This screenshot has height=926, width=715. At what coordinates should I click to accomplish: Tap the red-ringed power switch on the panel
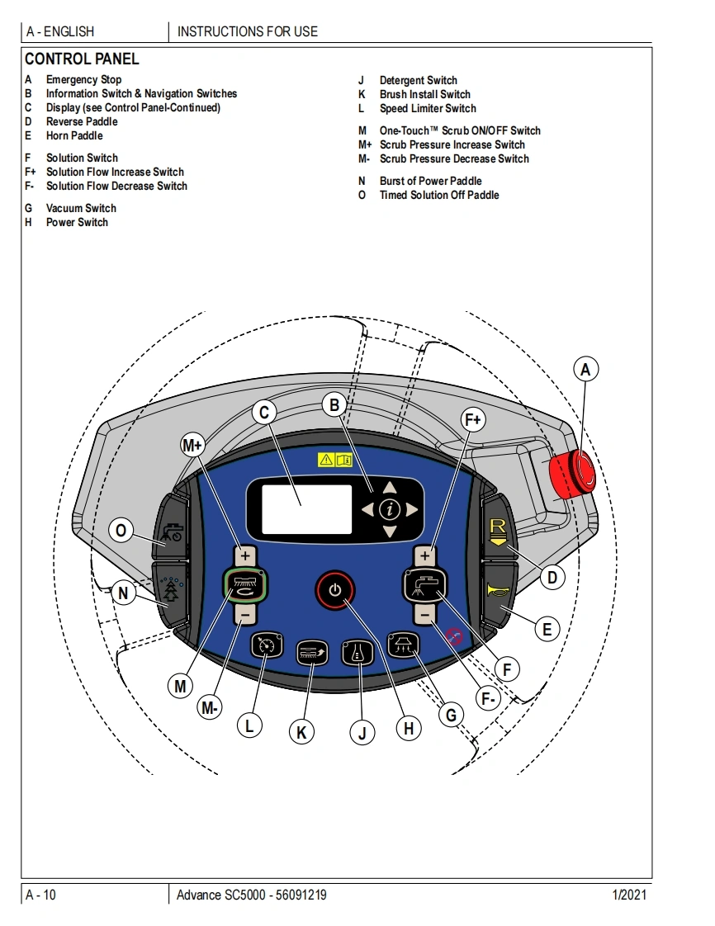(334, 590)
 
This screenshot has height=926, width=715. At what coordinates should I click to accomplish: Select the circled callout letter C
(264, 413)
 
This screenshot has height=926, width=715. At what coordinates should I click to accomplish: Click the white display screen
(306, 509)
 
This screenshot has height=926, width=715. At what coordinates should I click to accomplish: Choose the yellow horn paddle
(498, 592)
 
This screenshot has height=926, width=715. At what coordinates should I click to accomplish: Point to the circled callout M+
(192, 446)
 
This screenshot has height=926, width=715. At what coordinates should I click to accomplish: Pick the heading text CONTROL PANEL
(82, 59)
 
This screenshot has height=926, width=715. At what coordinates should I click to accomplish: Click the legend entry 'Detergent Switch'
(418, 81)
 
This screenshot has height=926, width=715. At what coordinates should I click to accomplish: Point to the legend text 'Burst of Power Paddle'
(430, 182)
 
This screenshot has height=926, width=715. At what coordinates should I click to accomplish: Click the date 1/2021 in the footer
(628, 895)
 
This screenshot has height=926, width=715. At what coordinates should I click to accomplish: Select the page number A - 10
(41, 895)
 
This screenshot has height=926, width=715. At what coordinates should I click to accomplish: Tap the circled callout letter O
(121, 531)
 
